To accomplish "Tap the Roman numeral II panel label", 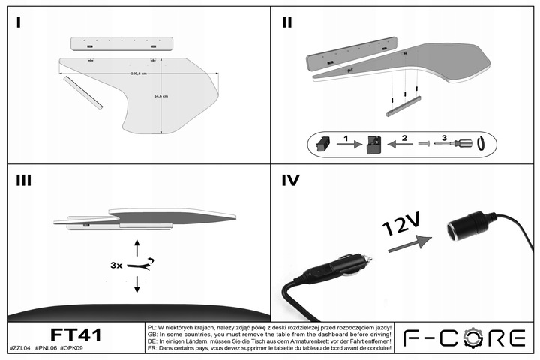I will click(x=286, y=22).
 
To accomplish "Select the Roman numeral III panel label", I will click(x=22, y=181).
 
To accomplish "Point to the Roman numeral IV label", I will click(x=291, y=181).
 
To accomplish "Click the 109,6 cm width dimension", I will click(x=138, y=73).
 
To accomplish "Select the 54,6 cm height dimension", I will click(x=160, y=97).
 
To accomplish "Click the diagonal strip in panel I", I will click(x=82, y=92).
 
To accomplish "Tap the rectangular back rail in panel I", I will click(x=121, y=43).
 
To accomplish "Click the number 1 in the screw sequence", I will click(x=346, y=138).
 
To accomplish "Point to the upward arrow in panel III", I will click(x=136, y=247).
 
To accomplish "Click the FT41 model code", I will click(x=75, y=334).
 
